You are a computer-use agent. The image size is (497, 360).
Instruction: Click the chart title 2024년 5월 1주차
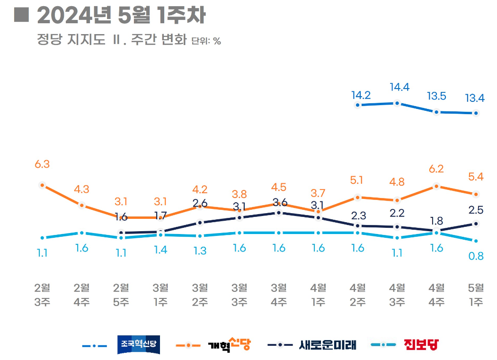coord(121,16)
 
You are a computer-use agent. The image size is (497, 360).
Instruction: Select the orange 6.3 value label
coord(42,164)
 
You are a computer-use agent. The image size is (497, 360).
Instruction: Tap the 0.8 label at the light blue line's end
coord(476,256)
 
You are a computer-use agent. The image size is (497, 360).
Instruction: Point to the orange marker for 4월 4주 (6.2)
coord(436,186)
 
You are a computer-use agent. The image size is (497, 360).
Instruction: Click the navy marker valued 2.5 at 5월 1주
coord(476,223)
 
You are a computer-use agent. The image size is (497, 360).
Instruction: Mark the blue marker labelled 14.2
coord(358,105)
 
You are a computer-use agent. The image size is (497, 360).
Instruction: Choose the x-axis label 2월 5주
coord(121,295)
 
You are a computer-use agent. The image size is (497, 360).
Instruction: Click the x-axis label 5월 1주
coord(476,295)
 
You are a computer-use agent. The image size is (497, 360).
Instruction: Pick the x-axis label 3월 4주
coord(279,295)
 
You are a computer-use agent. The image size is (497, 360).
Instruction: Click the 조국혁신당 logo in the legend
coord(139,344)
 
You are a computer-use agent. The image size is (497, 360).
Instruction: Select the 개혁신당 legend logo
coord(229,344)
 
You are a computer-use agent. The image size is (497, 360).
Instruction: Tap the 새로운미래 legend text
coord(328,345)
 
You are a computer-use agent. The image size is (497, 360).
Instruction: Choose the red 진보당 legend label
coord(421,344)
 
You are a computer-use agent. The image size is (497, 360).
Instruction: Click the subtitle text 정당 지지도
coord(71,40)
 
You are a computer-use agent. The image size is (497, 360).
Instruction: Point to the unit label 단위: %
coord(206,41)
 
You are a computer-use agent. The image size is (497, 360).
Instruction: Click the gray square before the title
coord(21,15)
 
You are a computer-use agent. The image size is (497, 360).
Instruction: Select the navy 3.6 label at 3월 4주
coord(280,203)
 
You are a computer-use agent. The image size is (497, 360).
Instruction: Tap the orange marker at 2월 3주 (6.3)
coord(42,185)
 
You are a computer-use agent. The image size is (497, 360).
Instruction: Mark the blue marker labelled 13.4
coord(476,113)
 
